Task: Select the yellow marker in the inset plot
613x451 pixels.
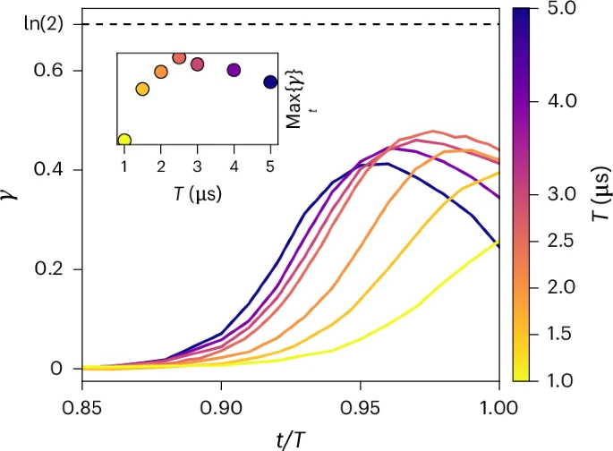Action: (x=124, y=140)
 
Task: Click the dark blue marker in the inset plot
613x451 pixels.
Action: (x=270, y=82)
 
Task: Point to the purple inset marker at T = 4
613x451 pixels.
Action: (x=234, y=70)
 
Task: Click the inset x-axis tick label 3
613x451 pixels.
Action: (x=197, y=166)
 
